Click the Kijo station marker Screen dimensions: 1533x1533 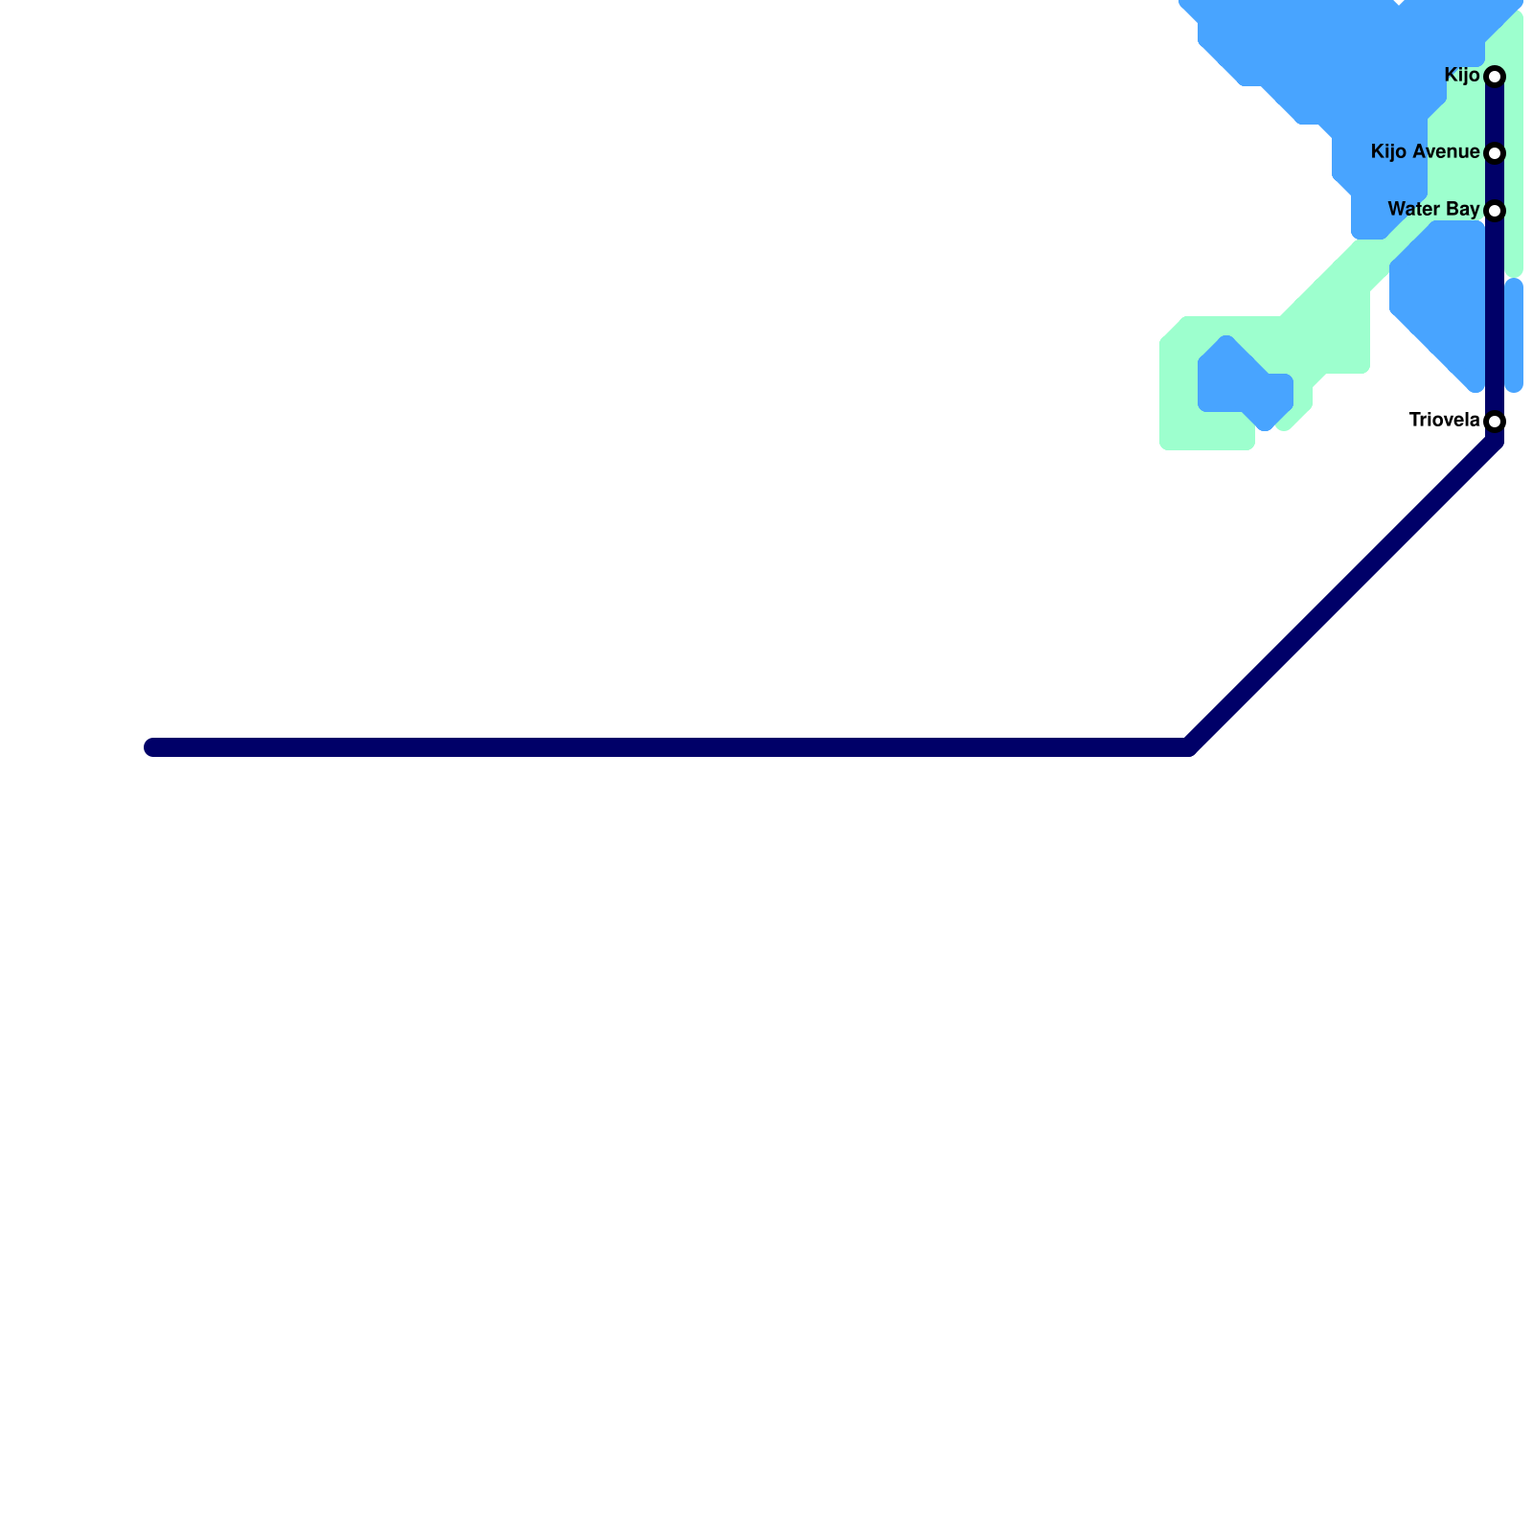pos(1494,76)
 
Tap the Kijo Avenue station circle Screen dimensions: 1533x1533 pos(1494,153)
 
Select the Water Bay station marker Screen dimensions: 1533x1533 pos(1494,211)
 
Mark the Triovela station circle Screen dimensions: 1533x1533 pos(1494,422)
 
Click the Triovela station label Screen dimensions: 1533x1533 pos(1443,420)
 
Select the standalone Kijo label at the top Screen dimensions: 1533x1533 pos(1461,75)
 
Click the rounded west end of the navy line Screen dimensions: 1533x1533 pos(152,747)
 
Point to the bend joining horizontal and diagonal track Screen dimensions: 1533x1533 pos(1188,746)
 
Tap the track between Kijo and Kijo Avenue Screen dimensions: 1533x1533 pos(1494,115)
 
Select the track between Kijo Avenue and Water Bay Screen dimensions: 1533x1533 pos(1494,182)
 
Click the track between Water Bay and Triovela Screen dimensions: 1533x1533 pos(1494,316)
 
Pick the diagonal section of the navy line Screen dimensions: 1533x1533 pos(1341,594)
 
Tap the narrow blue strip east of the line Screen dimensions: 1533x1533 pos(1514,335)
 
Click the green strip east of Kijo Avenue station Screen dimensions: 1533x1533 pos(1513,153)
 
